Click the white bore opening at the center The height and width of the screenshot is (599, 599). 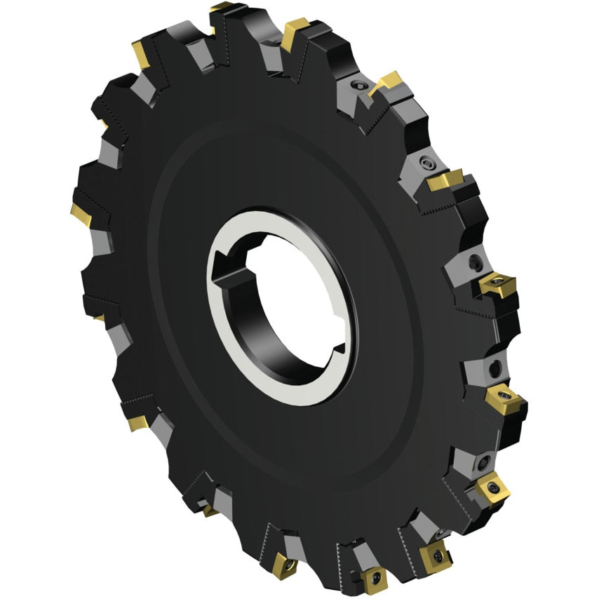(x=281, y=309)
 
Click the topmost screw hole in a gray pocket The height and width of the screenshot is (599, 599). (x=359, y=86)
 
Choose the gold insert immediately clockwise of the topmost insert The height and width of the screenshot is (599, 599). (x=296, y=31)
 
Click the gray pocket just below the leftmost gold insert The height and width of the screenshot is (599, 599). (x=98, y=242)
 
